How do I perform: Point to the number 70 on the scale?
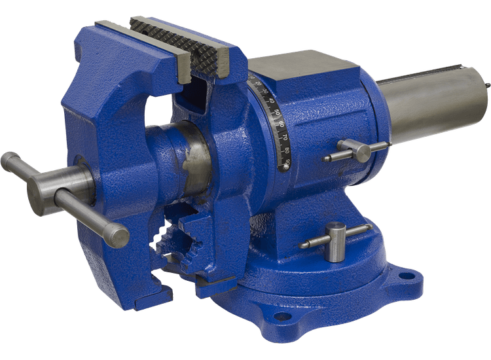pyautogui.click(x=282, y=137)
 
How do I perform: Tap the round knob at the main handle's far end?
pyautogui.click(x=9, y=160)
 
